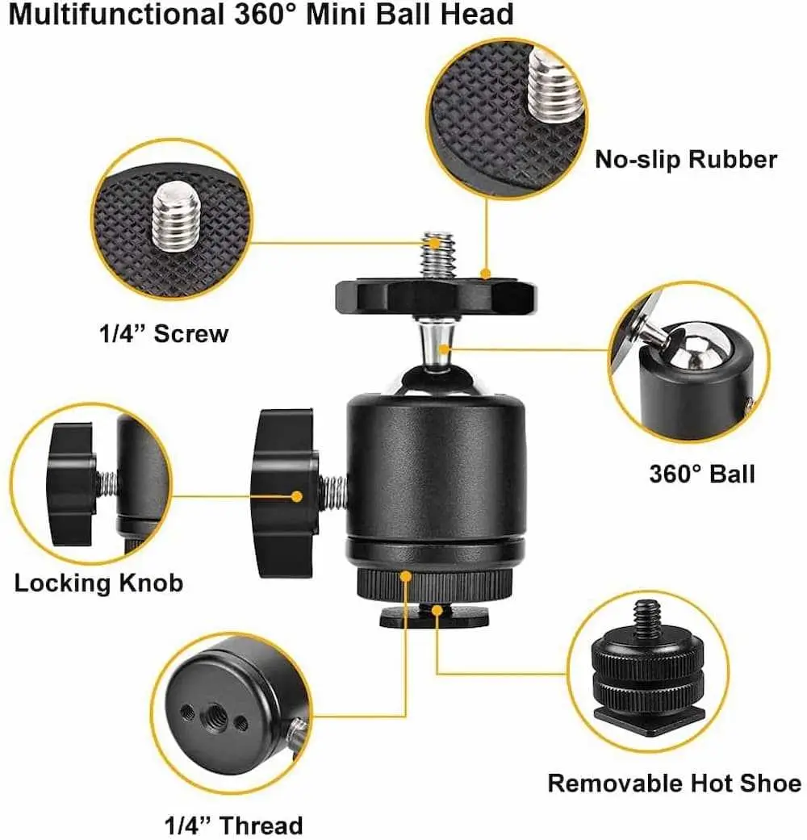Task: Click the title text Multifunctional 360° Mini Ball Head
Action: [261, 15]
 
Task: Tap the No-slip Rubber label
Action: [686, 160]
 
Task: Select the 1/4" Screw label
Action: [164, 334]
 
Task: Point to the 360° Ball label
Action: [702, 474]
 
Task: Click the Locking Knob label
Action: [98, 583]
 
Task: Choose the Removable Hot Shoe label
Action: [675, 784]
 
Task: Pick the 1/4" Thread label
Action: [233, 825]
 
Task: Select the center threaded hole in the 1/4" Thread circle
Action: [216, 713]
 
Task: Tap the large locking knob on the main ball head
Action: [284, 493]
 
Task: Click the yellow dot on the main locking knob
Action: [296, 496]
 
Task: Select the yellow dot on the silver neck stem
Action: [444, 349]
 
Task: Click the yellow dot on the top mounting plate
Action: [486, 274]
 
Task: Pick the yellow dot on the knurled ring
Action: [406, 577]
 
